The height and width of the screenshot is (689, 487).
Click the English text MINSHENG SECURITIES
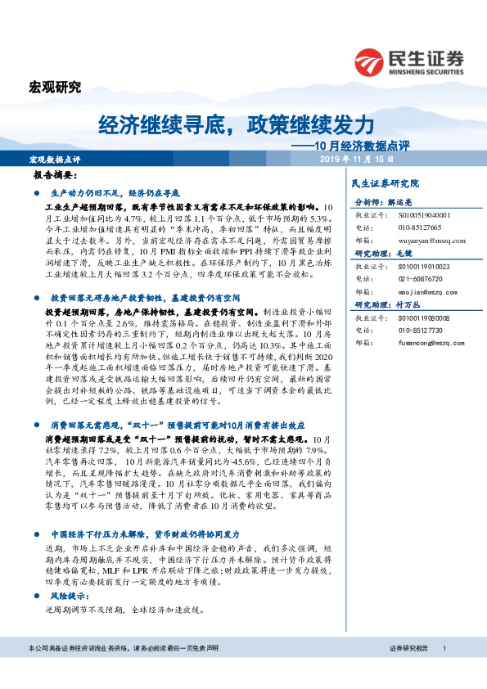(x=426, y=70)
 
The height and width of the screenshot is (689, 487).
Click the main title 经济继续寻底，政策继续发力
(x=237, y=124)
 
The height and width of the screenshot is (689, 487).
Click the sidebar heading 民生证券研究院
(x=384, y=183)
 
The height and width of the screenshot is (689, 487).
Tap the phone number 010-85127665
(x=419, y=227)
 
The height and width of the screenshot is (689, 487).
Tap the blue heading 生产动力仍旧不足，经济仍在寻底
(x=120, y=191)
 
